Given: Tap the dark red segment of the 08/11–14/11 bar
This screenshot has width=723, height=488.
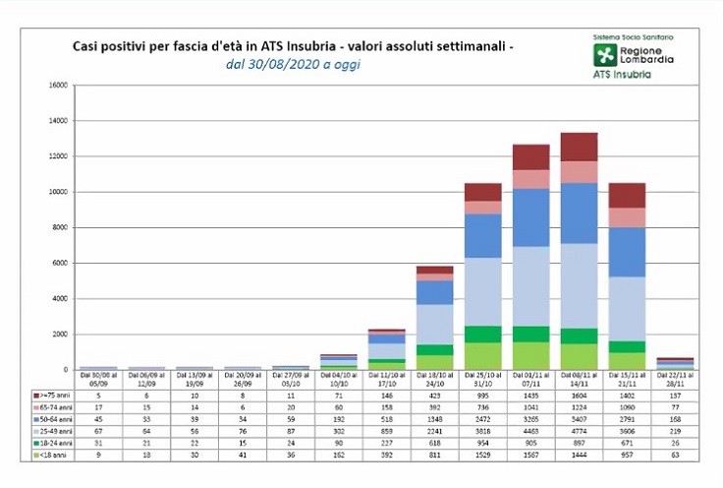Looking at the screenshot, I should [x=579, y=147].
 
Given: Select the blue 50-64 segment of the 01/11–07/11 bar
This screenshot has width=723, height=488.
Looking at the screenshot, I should [x=530, y=216].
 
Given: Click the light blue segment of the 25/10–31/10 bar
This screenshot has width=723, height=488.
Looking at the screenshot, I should [x=482, y=291].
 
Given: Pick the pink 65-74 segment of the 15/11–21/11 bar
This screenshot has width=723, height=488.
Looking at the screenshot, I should [x=627, y=217].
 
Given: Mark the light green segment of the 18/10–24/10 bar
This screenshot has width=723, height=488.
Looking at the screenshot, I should [x=434, y=362].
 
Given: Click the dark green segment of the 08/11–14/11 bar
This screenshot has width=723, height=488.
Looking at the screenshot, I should [x=579, y=335].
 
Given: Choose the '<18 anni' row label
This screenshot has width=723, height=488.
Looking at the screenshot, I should [x=51, y=456].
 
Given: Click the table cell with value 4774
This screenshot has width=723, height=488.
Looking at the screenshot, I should [x=579, y=431].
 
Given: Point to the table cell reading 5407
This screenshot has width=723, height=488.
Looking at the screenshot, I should [x=579, y=418].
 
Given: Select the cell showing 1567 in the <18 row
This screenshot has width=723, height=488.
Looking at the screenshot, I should [x=530, y=456].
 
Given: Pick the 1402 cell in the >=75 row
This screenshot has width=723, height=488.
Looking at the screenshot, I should [x=627, y=394].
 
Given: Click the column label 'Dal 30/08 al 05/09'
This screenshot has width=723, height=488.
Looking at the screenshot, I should [x=98, y=378].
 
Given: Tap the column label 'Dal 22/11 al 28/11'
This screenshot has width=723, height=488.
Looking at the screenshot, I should [x=675, y=378].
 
